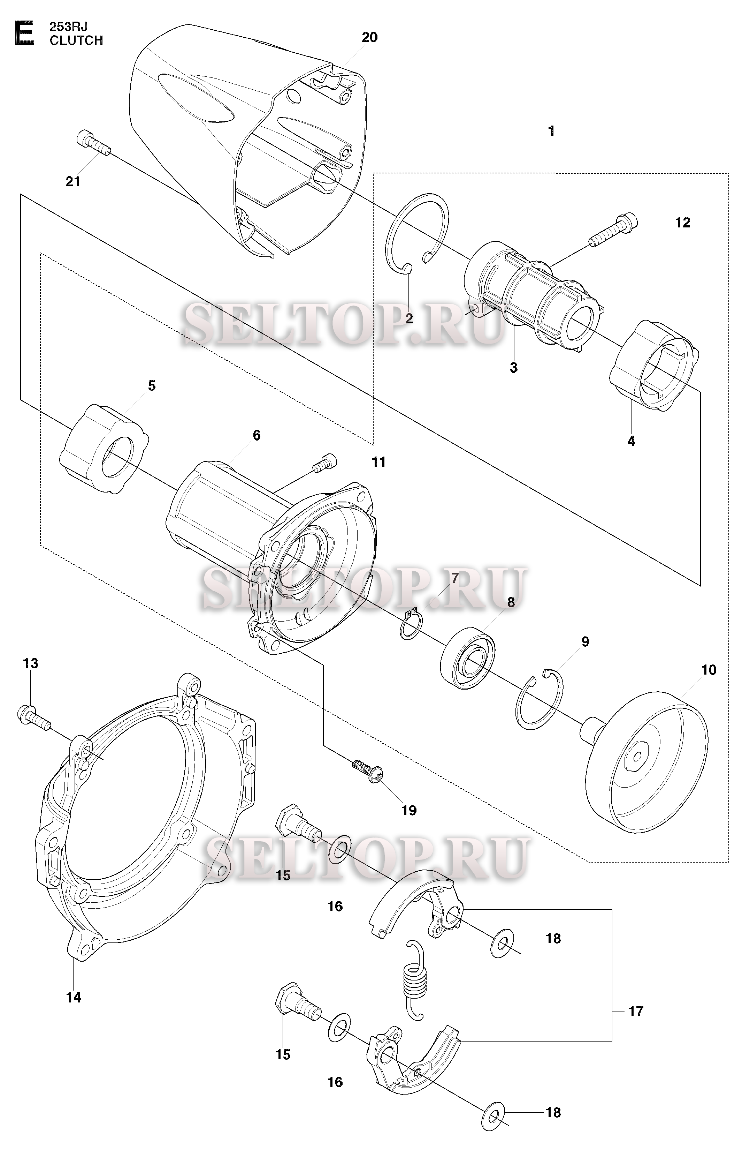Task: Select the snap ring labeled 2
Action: (x=417, y=234)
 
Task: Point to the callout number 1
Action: (x=551, y=131)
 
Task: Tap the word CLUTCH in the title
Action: (x=76, y=40)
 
